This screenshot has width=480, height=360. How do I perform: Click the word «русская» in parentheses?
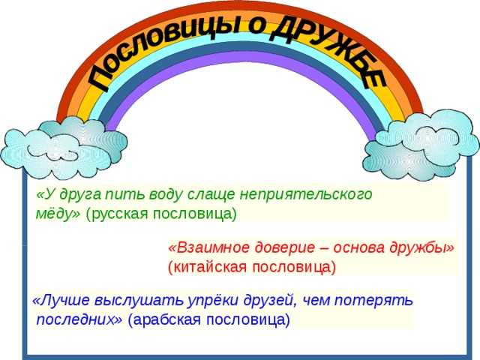coord(121,213)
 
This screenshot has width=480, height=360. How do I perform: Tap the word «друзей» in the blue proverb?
coord(265,301)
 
